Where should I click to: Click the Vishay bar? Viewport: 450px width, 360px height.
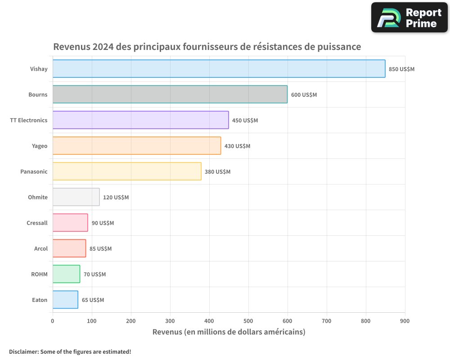[x=219, y=69]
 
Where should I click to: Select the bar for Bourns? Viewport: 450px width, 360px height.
[x=170, y=94]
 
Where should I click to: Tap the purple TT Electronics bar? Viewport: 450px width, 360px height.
[x=140, y=120]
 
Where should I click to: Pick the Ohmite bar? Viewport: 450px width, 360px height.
[x=76, y=197]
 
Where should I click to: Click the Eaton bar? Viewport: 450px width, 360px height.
[x=65, y=300]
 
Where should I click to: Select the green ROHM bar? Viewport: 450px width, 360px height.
[x=66, y=274]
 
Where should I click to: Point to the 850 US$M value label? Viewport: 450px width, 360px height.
[x=401, y=69]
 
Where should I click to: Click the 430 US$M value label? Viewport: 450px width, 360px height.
[x=237, y=146]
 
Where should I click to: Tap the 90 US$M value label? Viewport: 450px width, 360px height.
[x=103, y=223]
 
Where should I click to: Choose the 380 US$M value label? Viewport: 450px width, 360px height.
[x=217, y=172]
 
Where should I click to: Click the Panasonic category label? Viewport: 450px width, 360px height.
[x=34, y=172]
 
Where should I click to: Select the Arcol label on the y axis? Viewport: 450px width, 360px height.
[x=41, y=249]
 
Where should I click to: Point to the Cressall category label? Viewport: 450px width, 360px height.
[x=37, y=223]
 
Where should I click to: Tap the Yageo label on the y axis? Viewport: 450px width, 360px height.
[x=40, y=146]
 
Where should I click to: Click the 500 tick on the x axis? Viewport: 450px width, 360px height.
[x=248, y=321]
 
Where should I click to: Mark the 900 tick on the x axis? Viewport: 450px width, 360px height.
[x=405, y=321]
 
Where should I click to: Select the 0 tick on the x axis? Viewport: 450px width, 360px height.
[x=53, y=321]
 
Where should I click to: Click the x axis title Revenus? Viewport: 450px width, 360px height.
[x=229, y=332]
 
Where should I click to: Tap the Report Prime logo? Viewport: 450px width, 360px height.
[x=409, y=18]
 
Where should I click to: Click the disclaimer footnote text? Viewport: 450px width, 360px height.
[x=70, y=351]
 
